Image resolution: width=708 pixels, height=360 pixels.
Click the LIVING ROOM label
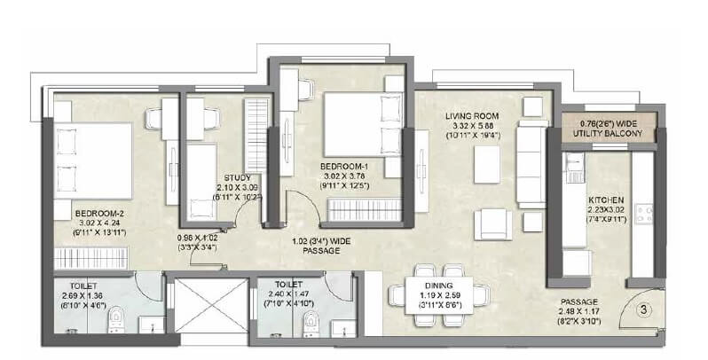click(x=472, y=116)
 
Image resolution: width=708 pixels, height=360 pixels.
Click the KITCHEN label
click(x=607, y=200)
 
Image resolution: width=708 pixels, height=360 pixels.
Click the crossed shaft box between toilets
click(x=209, y=306)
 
